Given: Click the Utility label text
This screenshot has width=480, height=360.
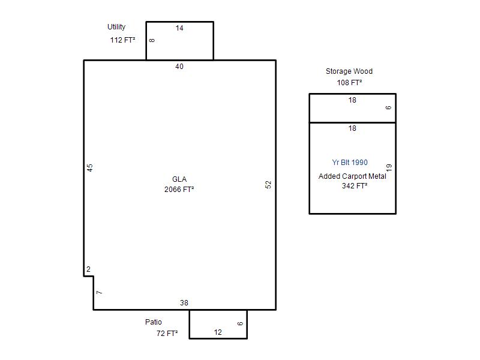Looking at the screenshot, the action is tap(116, 27).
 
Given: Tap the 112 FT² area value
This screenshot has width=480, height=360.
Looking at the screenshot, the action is tap(123, 40).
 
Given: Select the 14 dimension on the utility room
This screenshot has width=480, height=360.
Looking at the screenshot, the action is tap(179, 28).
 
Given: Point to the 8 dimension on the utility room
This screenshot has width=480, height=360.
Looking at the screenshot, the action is tap(152, 40).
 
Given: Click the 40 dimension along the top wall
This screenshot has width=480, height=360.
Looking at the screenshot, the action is tap(179, 67).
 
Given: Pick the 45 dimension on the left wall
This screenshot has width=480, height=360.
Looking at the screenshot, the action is tap(89, 168).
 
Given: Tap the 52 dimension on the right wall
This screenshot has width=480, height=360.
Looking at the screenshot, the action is tap(268, 185).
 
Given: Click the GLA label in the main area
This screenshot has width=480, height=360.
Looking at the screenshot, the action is tap(179, 179).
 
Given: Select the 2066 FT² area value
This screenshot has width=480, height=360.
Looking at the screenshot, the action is tap(179, 190).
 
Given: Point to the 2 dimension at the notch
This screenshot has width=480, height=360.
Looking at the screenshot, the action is tap(88, 269).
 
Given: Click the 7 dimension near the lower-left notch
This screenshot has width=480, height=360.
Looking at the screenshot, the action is tap(99, 293).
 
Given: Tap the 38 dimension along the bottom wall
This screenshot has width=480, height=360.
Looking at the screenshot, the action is tap(184, 303).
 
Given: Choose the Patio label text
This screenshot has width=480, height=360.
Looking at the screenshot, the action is tap(154, 322).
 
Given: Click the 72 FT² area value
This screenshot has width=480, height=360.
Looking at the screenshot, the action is tap(167, 334).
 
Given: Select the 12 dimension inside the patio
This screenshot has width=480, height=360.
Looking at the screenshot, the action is tap(218, 332).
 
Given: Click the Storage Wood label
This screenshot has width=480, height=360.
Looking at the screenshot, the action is tap(349, 71).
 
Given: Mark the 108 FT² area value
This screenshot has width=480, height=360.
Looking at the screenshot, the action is tap(350, 83).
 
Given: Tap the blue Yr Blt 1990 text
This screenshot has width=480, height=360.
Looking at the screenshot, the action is tap(350, 162).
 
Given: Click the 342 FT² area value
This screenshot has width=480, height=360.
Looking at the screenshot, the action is tap(355, 186).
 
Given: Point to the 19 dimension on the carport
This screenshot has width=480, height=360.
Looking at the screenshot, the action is tap(389, 167).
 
